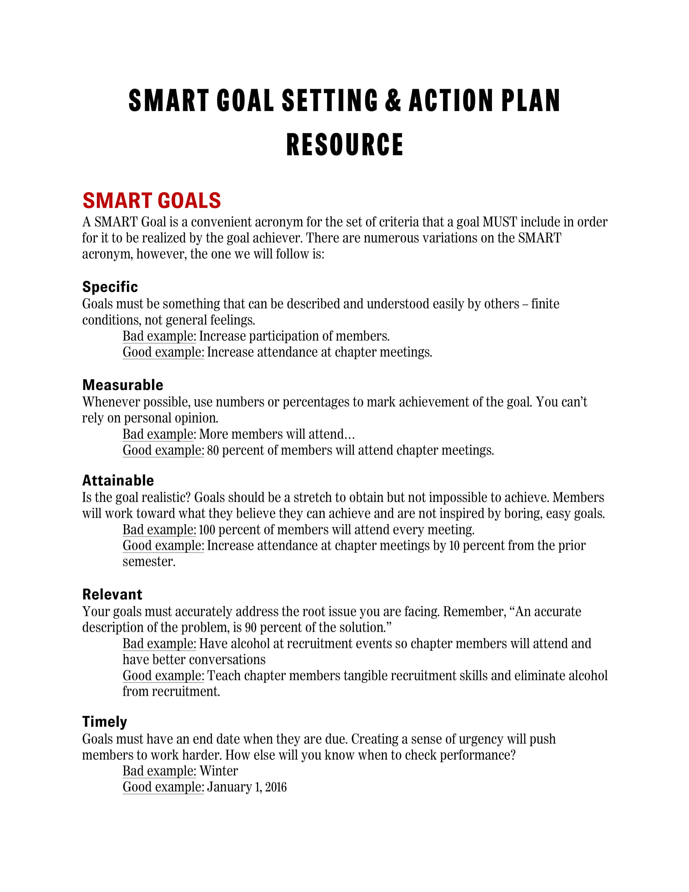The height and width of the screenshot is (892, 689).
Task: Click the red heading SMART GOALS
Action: [x=152, y=201]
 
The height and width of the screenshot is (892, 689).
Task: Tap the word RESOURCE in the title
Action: [x=344, y=145]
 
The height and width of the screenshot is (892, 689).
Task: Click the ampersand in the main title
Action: [x=393, y=101]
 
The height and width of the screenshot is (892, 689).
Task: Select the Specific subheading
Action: [x=110, y=287]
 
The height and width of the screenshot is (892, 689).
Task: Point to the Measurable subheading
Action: [x=122, y=385]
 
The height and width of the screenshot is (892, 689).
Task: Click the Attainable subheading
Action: [x=118, y=480]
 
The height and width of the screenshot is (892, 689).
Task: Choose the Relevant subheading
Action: [x=112, y=594]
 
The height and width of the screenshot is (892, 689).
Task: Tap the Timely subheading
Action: [x=105, y=722]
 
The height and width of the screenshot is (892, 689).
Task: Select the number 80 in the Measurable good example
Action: [x=213, y=450]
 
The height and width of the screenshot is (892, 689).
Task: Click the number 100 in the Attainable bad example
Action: [x=207, y=530]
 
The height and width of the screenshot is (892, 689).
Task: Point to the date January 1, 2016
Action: [x=246, y=787]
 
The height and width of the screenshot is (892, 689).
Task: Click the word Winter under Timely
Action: [x=219, y=771]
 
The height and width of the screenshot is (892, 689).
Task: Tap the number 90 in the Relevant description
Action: [x=250, y=627]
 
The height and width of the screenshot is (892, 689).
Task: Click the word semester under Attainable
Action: [x=149, y=562]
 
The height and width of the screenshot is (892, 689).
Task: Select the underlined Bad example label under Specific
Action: [x=159, y=336]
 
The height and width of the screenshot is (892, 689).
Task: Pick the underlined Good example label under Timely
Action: [x=163, y=787]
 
